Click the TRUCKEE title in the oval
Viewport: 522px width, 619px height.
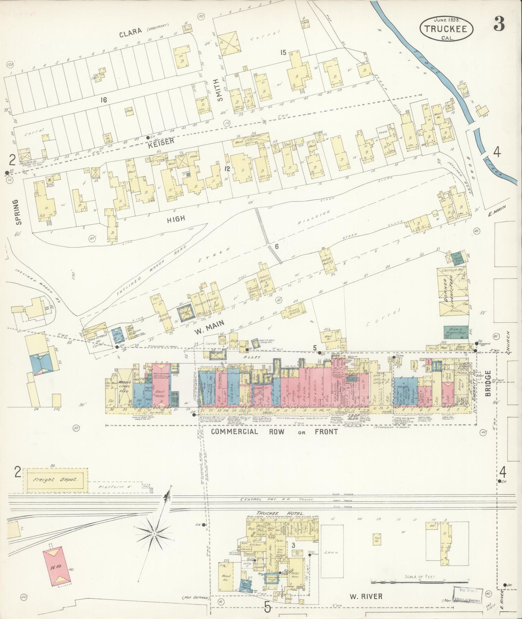pyautogui.click(x=446, y=29)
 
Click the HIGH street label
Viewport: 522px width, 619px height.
pyautogui.click(x=176, y=218)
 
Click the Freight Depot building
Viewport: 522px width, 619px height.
pyautogui.click(x=56, y=480)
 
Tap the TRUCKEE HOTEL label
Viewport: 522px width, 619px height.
pyautogui.click(x=280, y=513)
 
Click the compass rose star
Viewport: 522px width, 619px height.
pyautogui.click(x=154, y=532)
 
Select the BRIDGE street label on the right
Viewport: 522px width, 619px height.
pyautogui.click(x=488, y=384)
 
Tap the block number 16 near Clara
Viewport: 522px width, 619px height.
pyautogui.click(x=104, y=100)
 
